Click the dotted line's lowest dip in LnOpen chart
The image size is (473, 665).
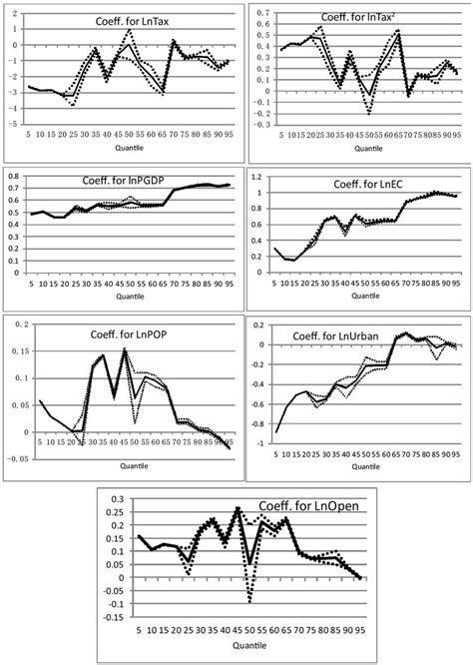pos(249,602)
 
